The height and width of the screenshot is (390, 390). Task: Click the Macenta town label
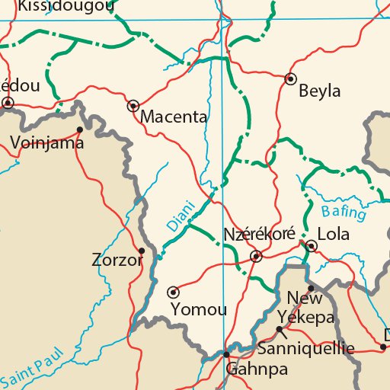coord(174,117)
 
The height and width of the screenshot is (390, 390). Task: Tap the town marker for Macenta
coord(133,106)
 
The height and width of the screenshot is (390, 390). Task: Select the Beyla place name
coord(320,92)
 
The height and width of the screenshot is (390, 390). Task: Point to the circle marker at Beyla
coord(290,78)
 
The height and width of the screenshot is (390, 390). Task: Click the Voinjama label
coord(47,141)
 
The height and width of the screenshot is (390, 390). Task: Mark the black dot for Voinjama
coord(80,129)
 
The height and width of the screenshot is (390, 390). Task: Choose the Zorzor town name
coord(117,261)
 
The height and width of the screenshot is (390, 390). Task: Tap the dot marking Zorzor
coord(142,250)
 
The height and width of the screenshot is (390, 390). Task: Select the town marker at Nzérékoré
coord(257,256)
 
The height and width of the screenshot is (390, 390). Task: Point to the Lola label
coord(333,234)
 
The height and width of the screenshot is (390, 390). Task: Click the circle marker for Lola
coord(312,245)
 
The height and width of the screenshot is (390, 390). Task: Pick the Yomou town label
coord(199,309)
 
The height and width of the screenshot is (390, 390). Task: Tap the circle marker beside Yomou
coord(173,291)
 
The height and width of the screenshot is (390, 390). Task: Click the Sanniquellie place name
coord(306,349)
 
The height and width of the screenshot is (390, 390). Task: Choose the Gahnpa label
coord(257,369)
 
